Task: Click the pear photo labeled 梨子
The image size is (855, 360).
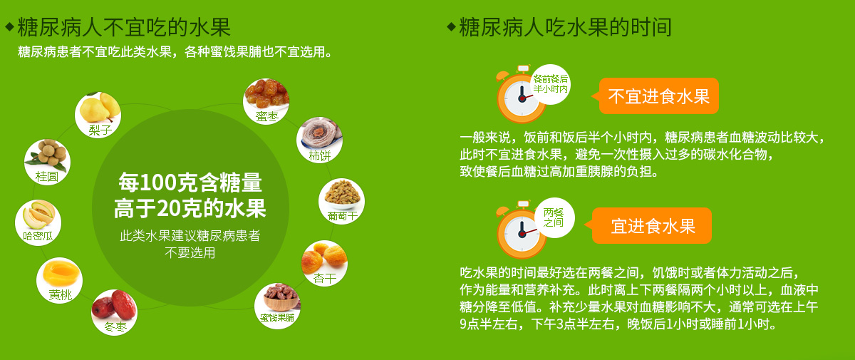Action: (x=98, y=115)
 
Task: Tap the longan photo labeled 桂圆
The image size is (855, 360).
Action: (x=47, y=162)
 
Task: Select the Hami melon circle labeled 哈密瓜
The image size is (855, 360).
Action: (x=38, y=222)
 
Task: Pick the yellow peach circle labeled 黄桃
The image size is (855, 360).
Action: (x=60, y=281)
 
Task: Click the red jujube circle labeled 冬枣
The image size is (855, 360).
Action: (x=114, y=312)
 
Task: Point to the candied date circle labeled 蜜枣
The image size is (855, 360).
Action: (x=266, y=101)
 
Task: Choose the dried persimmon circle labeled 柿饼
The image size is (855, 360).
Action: (x=319, y=140)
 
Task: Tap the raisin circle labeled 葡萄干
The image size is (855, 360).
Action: (x=341, y=201)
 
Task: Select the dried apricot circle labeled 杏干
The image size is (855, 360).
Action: (x=324, y=264)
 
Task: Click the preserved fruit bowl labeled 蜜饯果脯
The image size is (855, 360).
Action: (x=277, y=305)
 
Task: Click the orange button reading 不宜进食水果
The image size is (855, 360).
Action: (x=659, y=96)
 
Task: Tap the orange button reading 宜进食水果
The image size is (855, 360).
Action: (x=652, y=225)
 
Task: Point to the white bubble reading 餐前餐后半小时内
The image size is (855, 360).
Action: (x=550, y=84)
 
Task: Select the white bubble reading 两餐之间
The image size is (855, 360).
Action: (x=554, y=217)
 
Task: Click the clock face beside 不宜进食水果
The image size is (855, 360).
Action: (x=521, y=98)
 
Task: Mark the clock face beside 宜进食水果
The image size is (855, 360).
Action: (x=521, y=233)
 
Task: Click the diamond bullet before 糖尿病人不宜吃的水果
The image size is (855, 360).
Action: (x=9, y=27)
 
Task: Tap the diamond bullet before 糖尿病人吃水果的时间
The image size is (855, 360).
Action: (x=451, y=27)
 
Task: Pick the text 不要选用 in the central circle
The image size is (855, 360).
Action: (x=190, y=253)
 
